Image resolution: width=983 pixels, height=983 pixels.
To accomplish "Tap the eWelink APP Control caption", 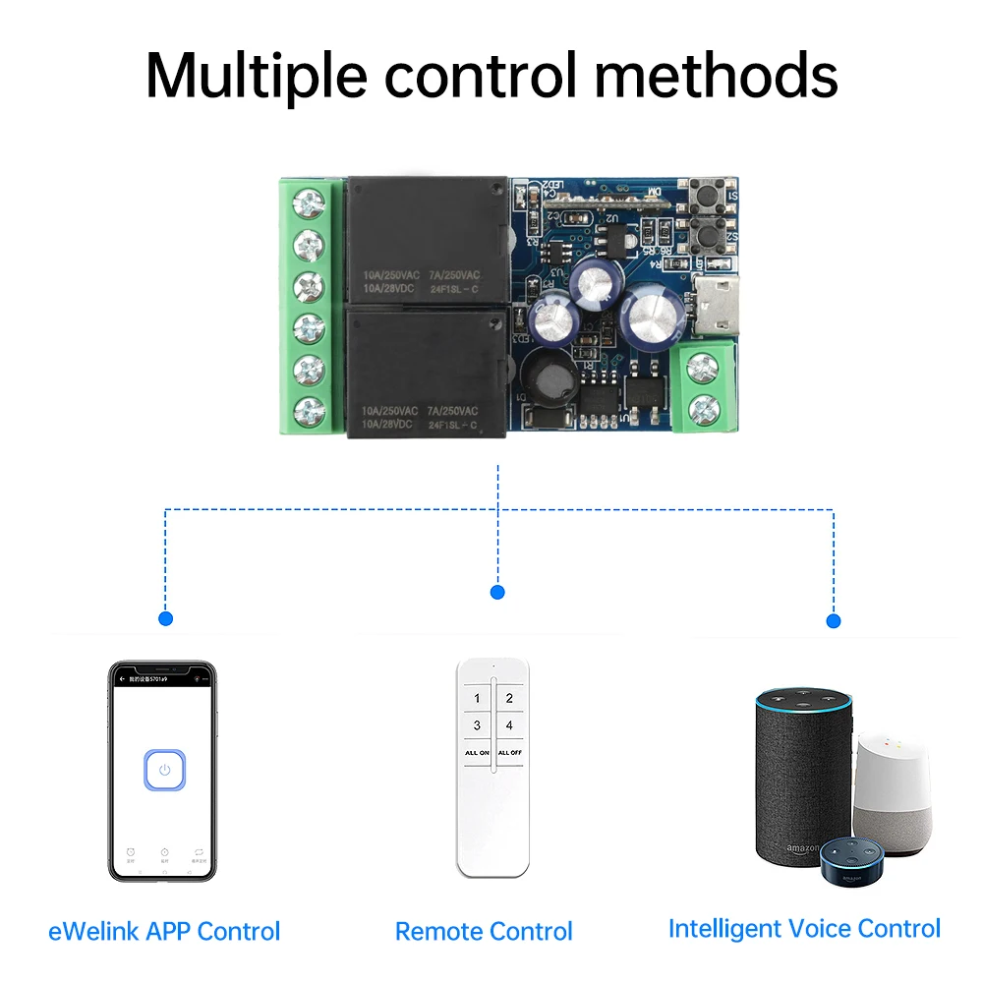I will pyautogui.click(x=164, y=931).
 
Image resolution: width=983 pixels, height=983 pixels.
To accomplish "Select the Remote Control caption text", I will pyautogui.click(x=484, y=931).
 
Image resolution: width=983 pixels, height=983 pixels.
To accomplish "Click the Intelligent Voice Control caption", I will pyautogui.click(x=804, y=929).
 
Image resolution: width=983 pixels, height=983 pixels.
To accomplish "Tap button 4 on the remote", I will pyautogui.click(x=508, y=725).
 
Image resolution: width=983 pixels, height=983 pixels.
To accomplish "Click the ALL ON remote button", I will pyautogui.click(x=477, y=753).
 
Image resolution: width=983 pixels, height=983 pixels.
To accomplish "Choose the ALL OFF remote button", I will pyautogui.click(x=508, y=753).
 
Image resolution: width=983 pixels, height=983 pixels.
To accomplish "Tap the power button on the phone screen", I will pyautogui.click(x=164, y=770).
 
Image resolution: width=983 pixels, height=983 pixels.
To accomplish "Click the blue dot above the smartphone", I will pyautogui.click(x=165, y=619).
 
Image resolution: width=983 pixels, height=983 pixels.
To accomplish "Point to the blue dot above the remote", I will pyautogui.click(x=497, y=592).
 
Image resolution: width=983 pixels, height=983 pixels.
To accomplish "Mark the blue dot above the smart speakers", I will pyautogui.click(x=834, y=620).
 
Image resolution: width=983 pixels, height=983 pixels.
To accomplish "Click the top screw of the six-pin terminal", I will pyautogui.click(x=311, y=204).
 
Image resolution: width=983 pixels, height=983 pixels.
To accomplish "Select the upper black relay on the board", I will pyautogui.click(x=425, y=239).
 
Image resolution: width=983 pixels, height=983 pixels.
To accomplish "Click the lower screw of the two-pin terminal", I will pyautogui.click(x=703, y=406).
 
